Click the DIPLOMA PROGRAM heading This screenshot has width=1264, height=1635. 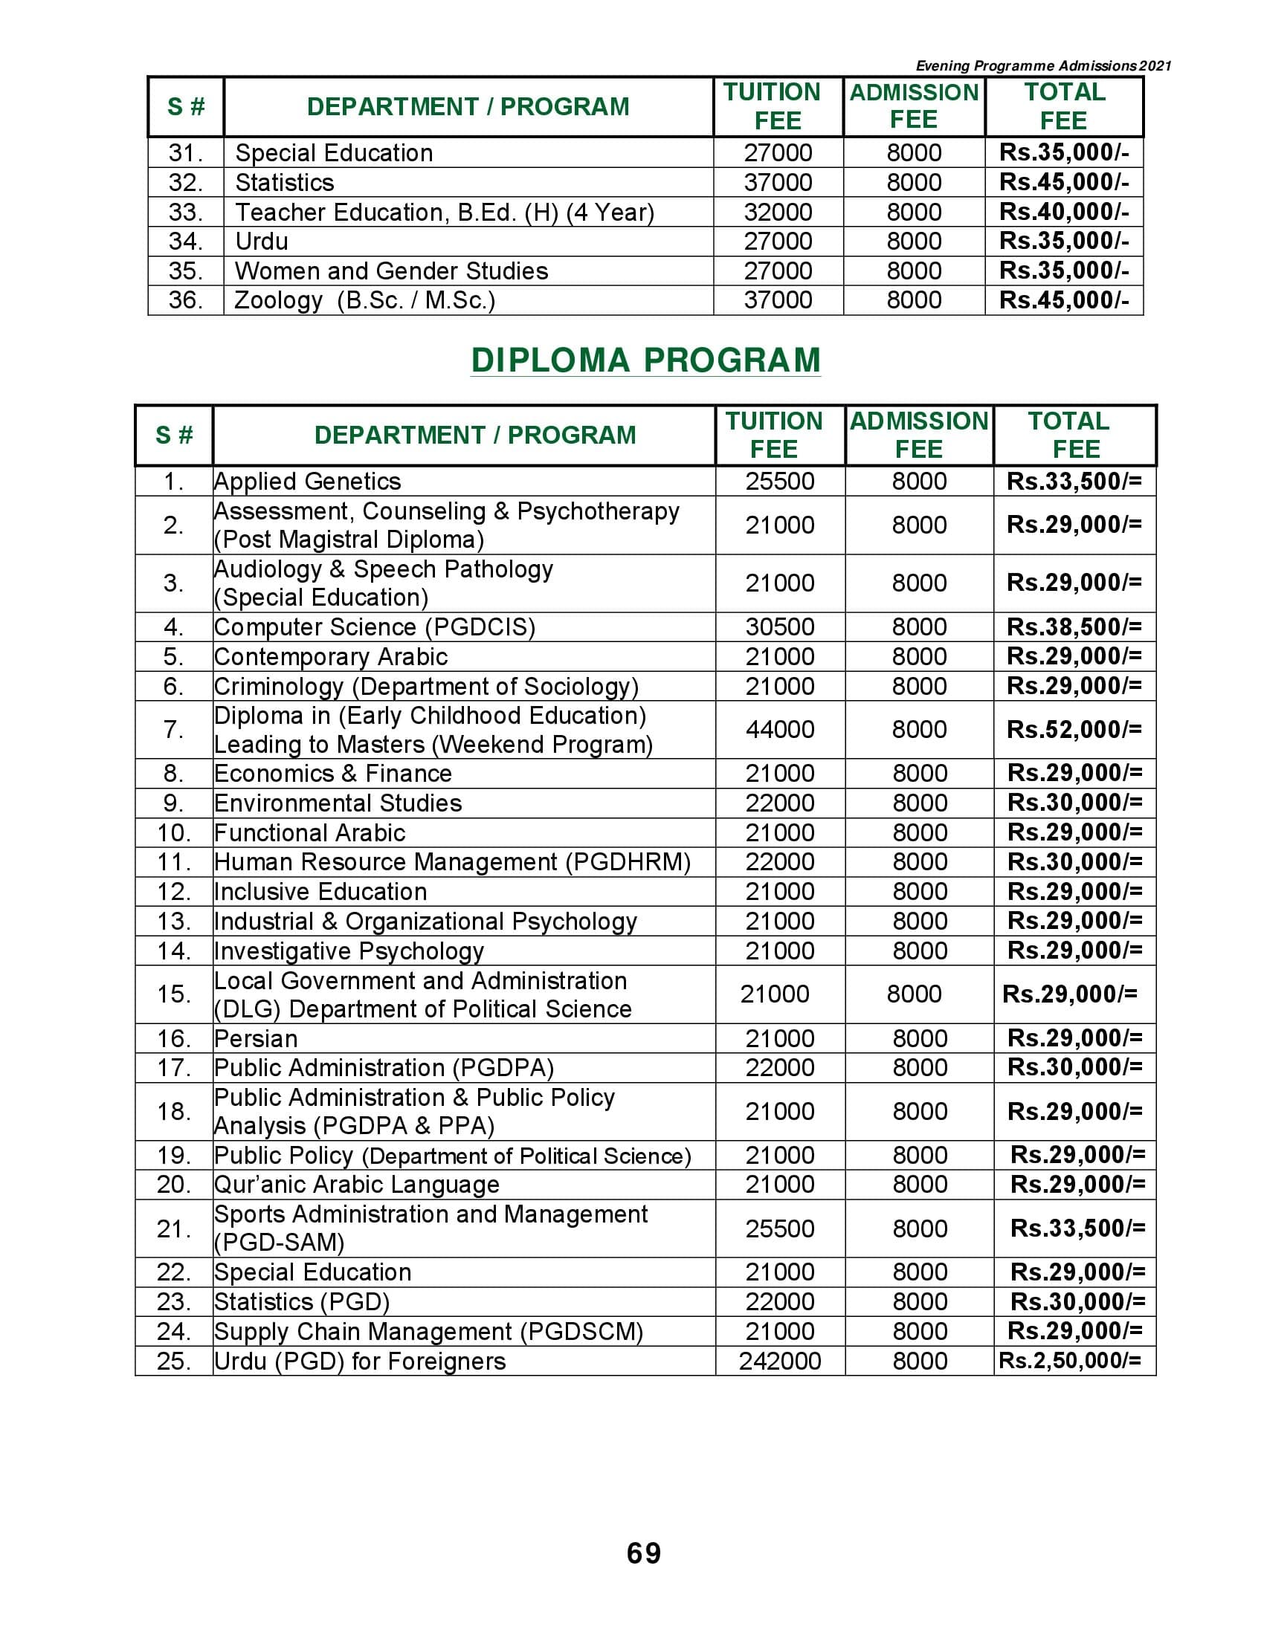[645, 360]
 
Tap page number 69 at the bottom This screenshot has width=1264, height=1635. [644, 1553]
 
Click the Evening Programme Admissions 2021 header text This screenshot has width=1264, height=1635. [1043, 66]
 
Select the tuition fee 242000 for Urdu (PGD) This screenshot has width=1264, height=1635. [779, 1361]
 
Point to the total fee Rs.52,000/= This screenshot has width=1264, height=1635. [1074, 729]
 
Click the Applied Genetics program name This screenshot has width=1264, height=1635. [307, 482]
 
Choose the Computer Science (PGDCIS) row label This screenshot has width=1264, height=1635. [375, 627]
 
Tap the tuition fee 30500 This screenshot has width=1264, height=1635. [779, 627]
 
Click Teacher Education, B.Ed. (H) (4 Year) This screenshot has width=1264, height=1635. [444, 213]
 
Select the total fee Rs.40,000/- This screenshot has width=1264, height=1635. [1063, 212]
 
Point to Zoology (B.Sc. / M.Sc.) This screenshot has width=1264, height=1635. [364, 300]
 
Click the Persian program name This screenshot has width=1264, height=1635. [255, 1038]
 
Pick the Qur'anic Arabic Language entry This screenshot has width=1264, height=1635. [356, 1185]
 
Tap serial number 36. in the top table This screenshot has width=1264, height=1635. [186, 300]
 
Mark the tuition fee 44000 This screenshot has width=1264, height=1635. [779, 729]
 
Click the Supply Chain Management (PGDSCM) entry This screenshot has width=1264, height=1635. [428, 1331]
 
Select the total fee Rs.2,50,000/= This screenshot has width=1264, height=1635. [1069, 1361]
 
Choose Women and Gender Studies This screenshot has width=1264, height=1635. [391, 271]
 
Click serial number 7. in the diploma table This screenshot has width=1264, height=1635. [173, 729]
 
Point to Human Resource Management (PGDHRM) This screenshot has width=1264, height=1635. [452, 862]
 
